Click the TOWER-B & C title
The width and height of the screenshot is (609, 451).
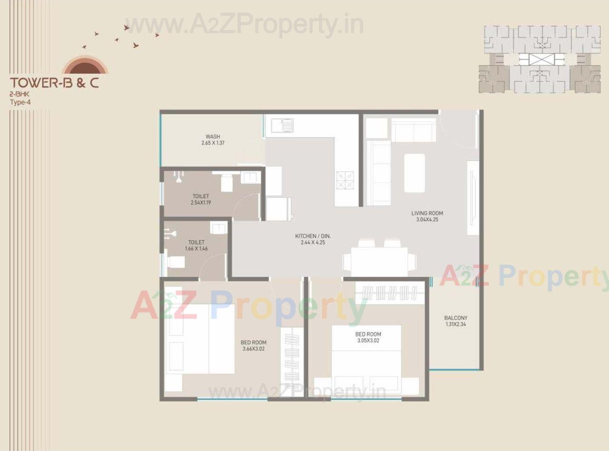pos(55,83)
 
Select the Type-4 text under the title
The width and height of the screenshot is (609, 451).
pos(20,101)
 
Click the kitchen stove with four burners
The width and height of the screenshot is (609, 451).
pos(345,180)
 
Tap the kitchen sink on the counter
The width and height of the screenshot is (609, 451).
pos(283,125)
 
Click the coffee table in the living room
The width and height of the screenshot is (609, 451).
pos(414,172)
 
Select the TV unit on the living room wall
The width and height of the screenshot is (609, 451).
pos(472,198)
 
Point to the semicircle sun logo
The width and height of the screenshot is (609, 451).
pos(86,65)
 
